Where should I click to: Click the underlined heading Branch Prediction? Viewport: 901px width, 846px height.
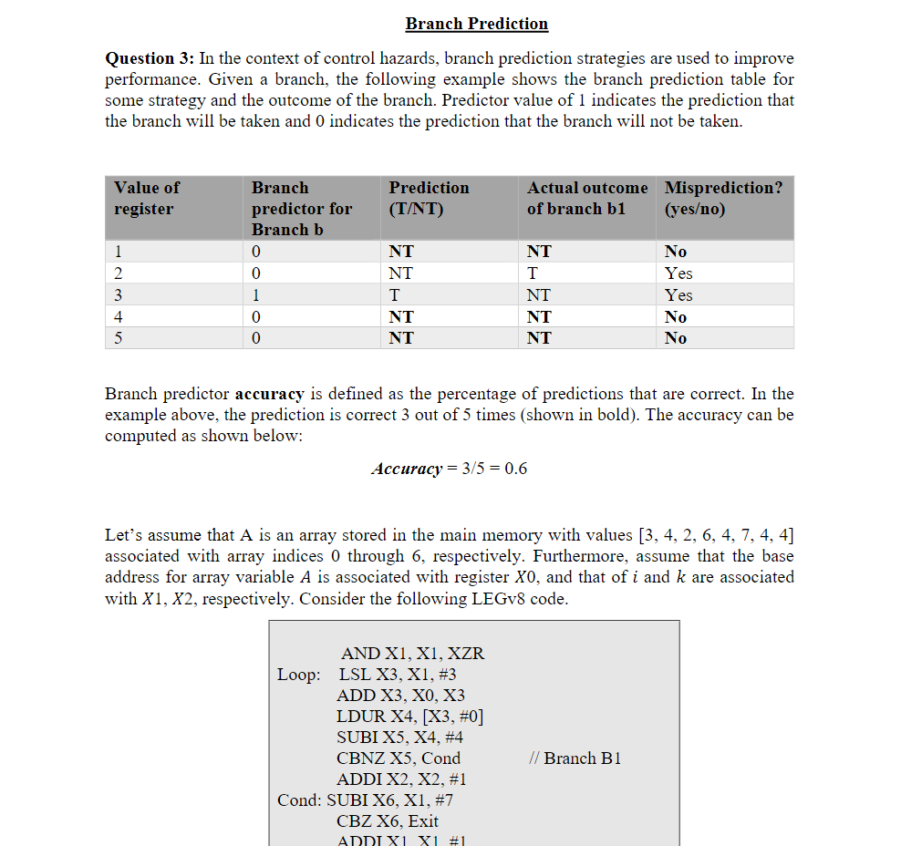click(477, 24)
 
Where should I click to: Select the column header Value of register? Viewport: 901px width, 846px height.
click(147, 198)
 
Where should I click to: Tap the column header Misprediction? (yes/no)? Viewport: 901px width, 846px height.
click(722, 198)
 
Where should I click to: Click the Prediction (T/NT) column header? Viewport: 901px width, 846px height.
click(429, 198)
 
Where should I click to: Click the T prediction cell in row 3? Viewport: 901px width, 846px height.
click(394, 295)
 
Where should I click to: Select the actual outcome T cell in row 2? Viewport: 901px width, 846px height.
click(533, 273)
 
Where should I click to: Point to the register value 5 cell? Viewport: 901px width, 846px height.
click(119, 338)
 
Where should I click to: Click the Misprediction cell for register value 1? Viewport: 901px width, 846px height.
click(676, 252)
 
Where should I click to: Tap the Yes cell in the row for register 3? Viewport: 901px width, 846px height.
click(678, 295)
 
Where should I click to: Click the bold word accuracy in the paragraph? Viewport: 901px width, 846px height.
click(269, 394)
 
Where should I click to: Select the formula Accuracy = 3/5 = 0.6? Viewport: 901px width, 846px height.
click(449, 469)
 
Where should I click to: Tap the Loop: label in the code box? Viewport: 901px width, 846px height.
click(298, 675)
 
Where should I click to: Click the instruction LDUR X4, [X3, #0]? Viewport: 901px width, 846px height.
click(409, 717)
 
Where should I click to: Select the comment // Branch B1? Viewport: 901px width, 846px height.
click(575, 758)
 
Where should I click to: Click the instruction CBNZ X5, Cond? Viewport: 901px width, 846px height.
click(399, 758)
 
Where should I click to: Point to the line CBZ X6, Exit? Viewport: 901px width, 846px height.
click(388, 820)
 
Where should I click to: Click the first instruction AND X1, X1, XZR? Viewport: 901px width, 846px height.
click(412, 654)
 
